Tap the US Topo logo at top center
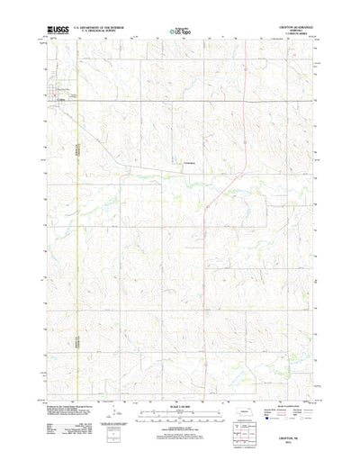pos(179,32)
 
